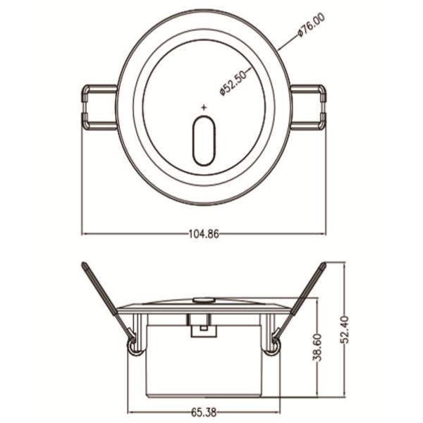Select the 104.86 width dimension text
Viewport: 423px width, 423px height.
click(203, 235)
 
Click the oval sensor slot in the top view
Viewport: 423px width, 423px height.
click(204, 141)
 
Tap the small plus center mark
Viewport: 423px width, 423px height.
click(204, 107)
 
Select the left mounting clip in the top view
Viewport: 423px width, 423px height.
click(99, 107)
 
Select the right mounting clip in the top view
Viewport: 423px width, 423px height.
click(309, 107)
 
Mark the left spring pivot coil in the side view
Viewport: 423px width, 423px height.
click(132, 344)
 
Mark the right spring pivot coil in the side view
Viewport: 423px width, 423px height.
click(276, 344)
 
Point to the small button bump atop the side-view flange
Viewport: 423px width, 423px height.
click(204, 300)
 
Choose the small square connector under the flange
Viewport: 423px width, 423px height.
click(203, 326)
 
